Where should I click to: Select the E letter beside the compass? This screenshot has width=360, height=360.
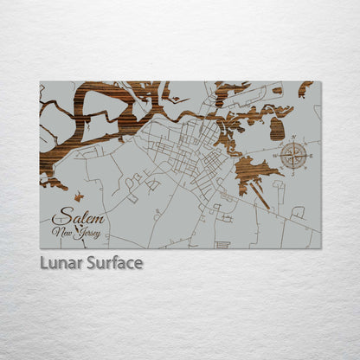click(x=312, y=157)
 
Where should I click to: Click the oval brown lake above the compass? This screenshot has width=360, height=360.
click(x=277, y=129)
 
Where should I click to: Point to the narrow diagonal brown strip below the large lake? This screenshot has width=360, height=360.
click(x=260, y=195)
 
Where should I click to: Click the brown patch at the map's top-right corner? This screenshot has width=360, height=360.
click(x=305, y=87)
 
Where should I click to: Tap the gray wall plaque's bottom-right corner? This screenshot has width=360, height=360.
click(x=319, y=247)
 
